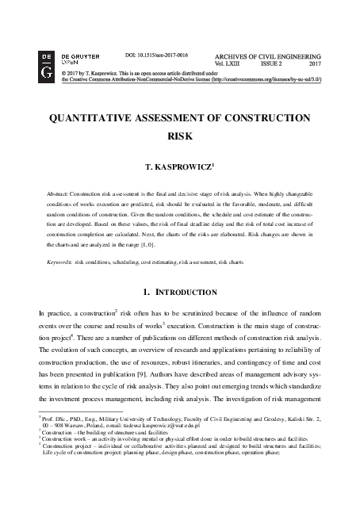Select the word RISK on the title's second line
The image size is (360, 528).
click(180, 136)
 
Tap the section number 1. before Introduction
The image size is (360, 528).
click(148, 292)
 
